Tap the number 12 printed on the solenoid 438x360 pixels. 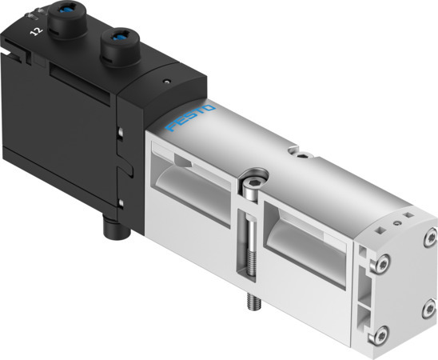pyautogui.click(x=35, y=31)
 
